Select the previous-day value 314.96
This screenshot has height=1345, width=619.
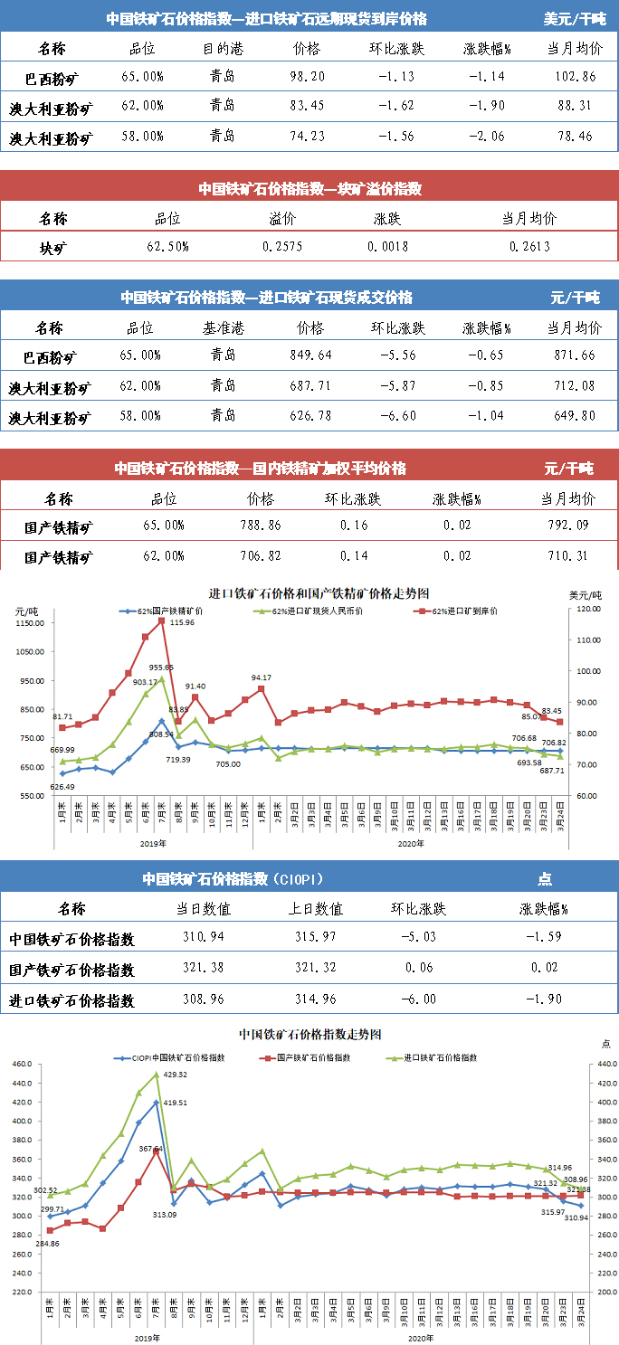point(316,999)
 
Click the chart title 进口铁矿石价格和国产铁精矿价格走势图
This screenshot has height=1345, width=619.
point(318,593)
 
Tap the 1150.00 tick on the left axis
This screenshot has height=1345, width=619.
point(30,623)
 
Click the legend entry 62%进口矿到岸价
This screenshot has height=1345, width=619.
point(464,611)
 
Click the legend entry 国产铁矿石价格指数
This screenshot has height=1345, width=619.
point(319,1056)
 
